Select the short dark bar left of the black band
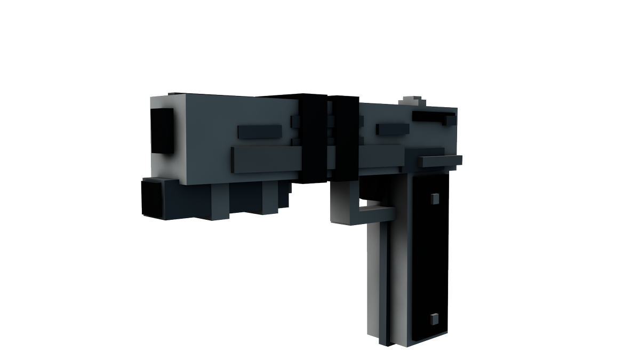[259, 131]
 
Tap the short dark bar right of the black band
[393, 130]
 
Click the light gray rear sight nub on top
[411, 101]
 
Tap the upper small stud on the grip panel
[434, 198]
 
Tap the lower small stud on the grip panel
[434, 319]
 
